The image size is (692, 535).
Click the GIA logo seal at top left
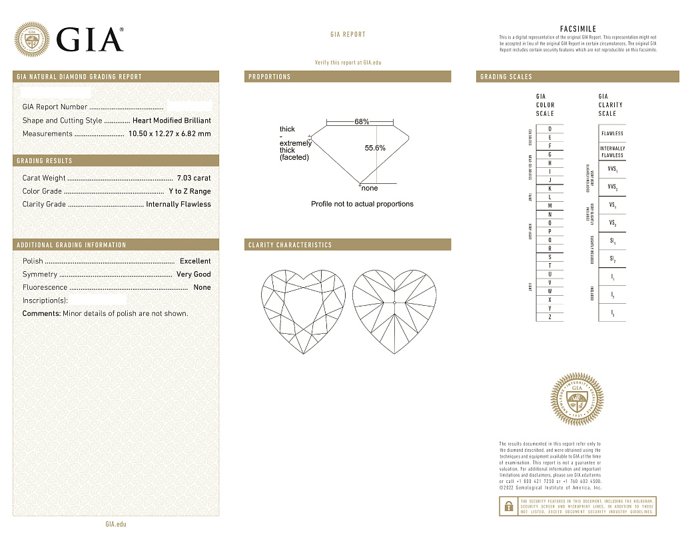[32, 39]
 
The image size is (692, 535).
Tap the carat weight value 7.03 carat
[193, 178]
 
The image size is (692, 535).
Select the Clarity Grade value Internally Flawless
[178, 205]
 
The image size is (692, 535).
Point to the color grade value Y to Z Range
[189, 191]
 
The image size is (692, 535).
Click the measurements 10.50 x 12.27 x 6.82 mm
[169, 134]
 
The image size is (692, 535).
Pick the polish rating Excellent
[195, 261]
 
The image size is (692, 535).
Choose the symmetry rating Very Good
[193, 274]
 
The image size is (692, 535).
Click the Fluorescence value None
[202, 288]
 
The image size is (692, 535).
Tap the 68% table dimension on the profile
[362, 122]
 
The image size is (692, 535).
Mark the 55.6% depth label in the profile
[375, 148]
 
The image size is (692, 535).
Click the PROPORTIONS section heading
[270, 77]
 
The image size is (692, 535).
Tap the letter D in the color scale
[549, 129]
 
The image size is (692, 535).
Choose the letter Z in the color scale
[549, 317]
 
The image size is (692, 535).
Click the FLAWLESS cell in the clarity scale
[612, 133]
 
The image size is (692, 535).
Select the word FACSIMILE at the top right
[577, 29]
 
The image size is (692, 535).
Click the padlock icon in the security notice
[508, 506]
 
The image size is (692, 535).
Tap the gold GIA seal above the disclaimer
[577, 400]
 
